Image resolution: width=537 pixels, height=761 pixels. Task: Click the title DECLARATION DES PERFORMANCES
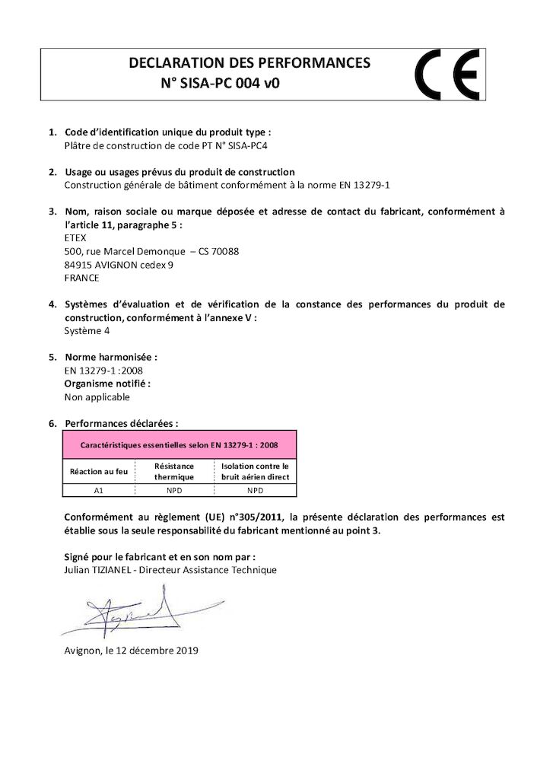click(x=249, y=62)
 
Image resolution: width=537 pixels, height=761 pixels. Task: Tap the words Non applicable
click(x=97, y=396)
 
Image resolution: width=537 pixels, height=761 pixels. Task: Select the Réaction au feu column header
click(x=99, y=471)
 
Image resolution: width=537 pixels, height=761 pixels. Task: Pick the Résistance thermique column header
click(x=174, y=471)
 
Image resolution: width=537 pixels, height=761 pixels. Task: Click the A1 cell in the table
click(x=98, y=492)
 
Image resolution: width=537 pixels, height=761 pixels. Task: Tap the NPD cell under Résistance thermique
click(x=174, y=492)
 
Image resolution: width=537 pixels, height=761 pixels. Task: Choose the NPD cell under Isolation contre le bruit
click(x=255, y=492)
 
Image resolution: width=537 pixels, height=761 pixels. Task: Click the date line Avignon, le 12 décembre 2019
click(x=131, y=651)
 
